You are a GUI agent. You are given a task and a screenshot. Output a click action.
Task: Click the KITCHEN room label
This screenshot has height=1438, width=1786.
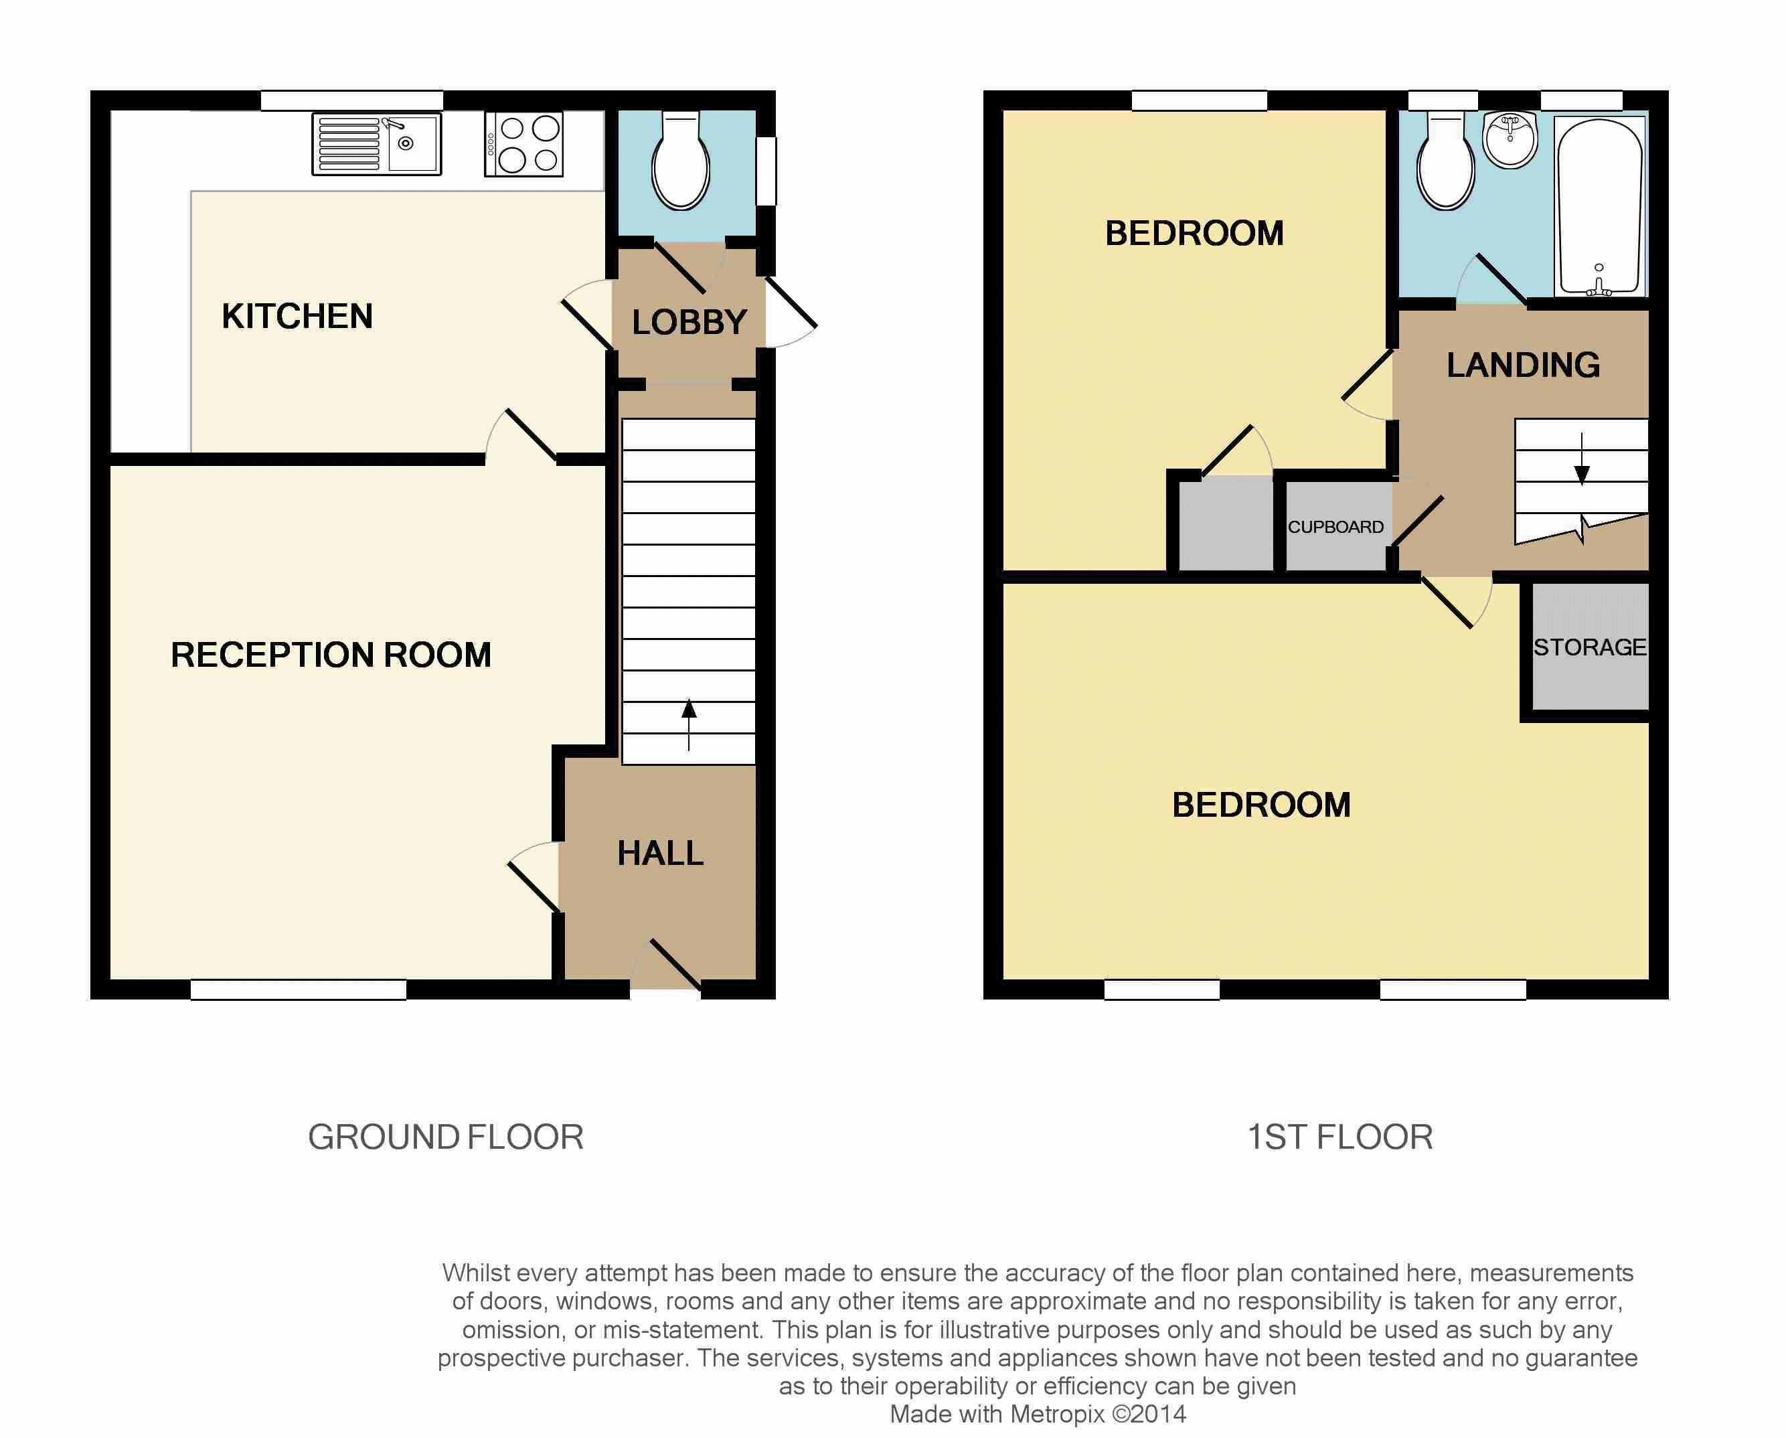click(x=297, y=317)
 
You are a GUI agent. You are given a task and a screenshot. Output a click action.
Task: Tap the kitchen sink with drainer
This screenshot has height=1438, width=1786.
click(x=377, y=144)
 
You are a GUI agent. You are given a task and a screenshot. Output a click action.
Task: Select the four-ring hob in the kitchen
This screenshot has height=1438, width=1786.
click(x=524, y=144)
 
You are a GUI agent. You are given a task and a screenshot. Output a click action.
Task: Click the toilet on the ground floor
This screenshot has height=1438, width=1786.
click(x=681, y=161)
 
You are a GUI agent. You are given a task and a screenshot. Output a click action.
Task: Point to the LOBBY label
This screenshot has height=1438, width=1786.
click(x=689, y=322)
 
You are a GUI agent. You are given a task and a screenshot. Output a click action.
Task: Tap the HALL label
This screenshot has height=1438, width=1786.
click(x=660, y=853)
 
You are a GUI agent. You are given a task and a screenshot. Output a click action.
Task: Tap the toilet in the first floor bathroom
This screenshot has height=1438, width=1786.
click(x=1445, y=161)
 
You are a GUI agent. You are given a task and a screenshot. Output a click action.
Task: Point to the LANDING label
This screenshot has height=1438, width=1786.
click(x=1524, y=366)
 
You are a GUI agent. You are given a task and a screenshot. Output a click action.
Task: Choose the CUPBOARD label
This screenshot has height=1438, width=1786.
click(x=1335, y=527)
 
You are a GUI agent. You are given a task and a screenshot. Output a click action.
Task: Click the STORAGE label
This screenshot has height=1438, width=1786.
click(x=1590, y=647)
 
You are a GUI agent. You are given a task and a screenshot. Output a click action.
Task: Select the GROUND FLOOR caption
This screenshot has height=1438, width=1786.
click(x=446, y=1137)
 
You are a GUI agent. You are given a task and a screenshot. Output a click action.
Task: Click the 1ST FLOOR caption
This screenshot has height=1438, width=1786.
click(x=1340, y=1137)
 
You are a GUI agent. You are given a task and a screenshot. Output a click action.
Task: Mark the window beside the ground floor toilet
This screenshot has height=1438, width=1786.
click(x=766, y=171)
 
